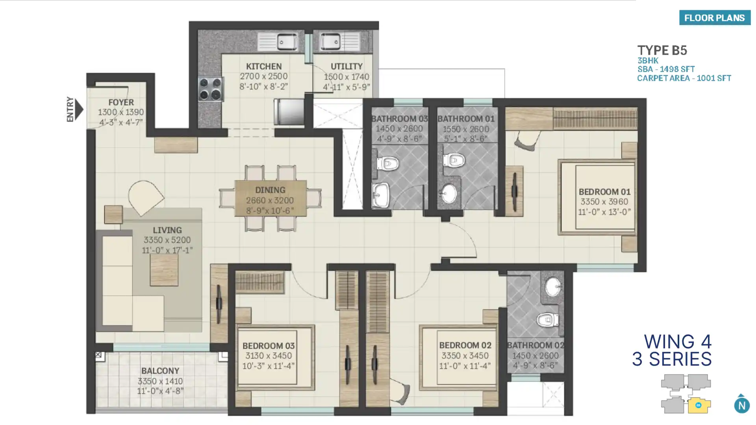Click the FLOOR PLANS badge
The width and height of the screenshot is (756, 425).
click(715, 18)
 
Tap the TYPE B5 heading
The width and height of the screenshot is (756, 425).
click(662, 50)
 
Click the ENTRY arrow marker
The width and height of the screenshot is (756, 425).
click(79, 109)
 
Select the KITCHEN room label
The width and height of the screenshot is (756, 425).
click(264, 67)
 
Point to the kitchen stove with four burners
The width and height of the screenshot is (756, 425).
click(211, 89)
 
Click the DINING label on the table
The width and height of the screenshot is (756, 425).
click(270, 190)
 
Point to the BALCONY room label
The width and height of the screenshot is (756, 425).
click(160, 371)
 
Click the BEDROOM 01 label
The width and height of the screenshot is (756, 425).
click(604, 192)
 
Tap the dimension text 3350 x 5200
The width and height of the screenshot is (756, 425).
click(167, 240)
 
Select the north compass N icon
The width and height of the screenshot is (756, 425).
click(742, 405)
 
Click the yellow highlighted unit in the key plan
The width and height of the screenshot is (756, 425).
click(699, 405)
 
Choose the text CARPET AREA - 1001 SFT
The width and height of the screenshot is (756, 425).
click(684, 78)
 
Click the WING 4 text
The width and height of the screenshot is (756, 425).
click(678, 342)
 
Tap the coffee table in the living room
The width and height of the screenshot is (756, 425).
click(164, 270)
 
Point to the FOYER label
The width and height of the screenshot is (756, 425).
click(121, 102)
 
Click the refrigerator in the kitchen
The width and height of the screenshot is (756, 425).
click(289, 112)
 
